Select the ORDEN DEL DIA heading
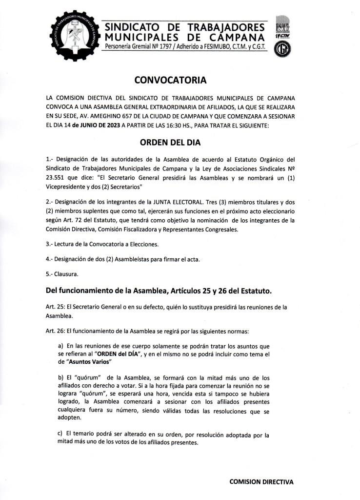[x=170, y=143]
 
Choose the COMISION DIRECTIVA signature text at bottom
[x=261, y=481]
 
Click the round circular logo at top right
[x=281, y=51]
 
